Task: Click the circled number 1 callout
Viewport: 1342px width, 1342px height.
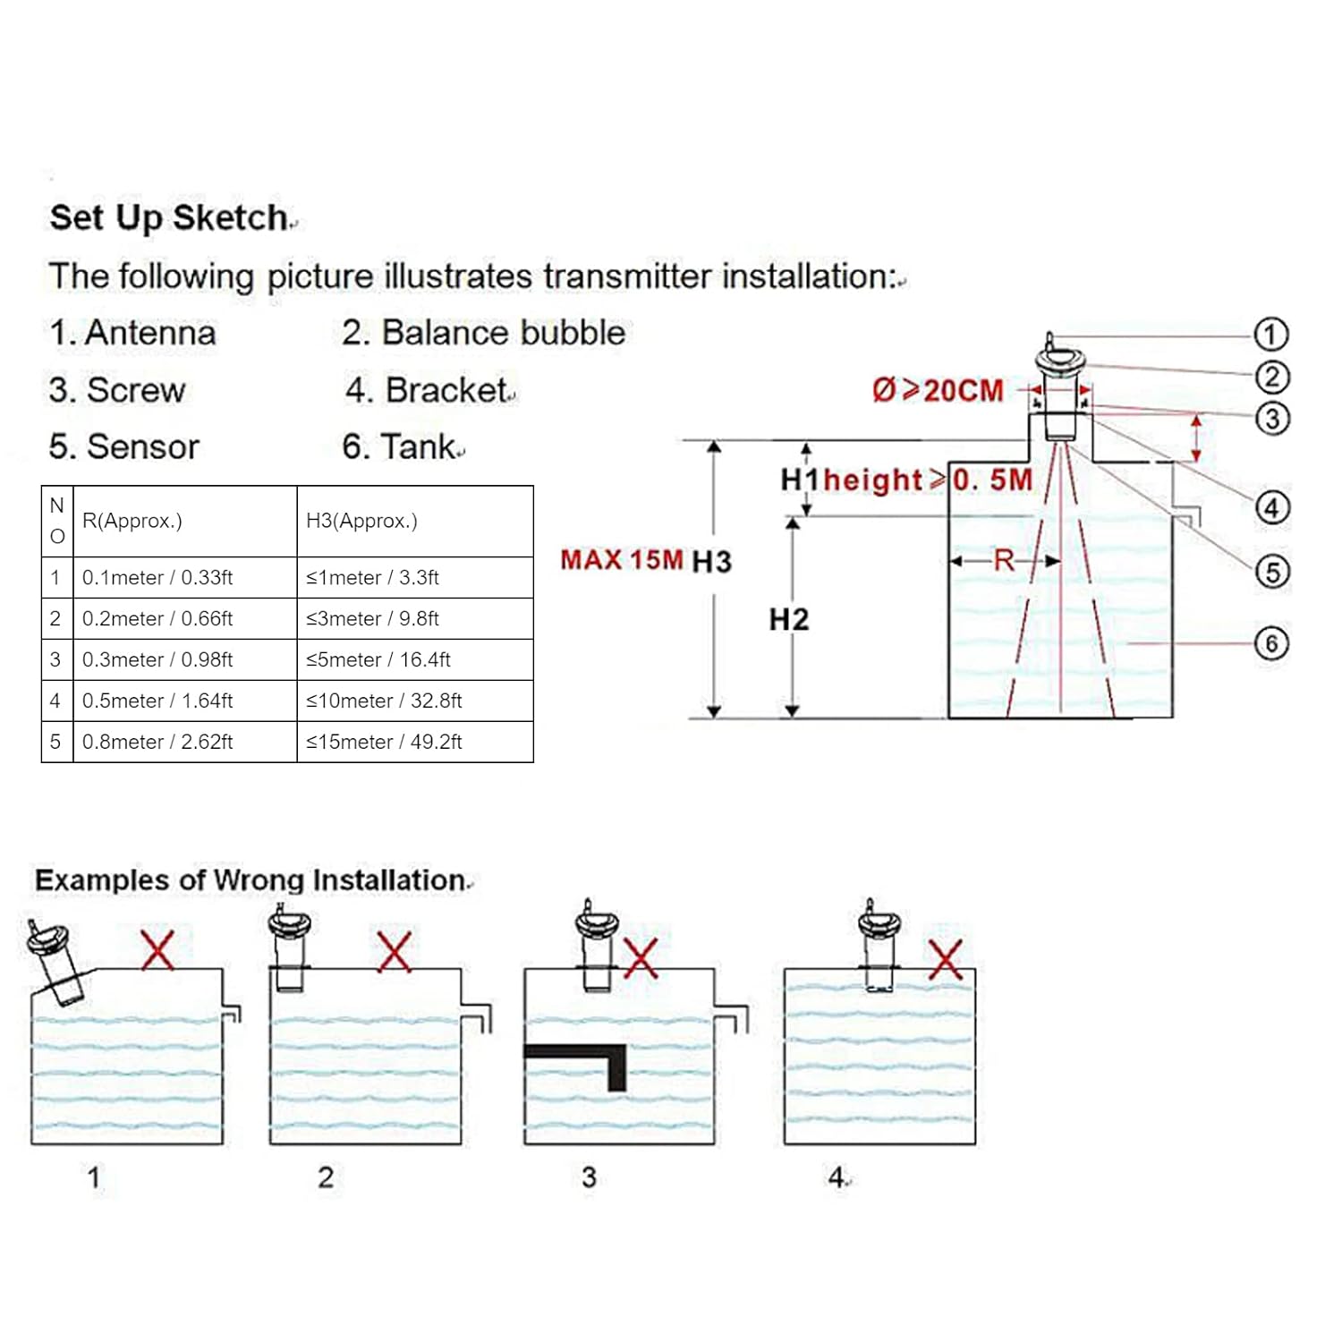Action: (x=1270, y=335)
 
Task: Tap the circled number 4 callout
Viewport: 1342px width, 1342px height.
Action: (x=1272, y=508)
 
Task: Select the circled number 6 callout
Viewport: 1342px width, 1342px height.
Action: (x=1271, y=643)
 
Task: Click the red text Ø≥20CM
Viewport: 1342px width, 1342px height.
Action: (x=938, y=391)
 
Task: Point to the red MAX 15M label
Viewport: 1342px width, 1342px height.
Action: (x=621, y=560)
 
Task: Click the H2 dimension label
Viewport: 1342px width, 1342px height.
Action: (x=788, y=619)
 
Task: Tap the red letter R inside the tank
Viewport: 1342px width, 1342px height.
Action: (x=1004, y=561)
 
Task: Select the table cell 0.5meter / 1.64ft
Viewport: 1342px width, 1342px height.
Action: (x=157, y=701)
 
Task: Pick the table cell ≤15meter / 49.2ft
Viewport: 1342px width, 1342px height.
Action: (x=384, y=742)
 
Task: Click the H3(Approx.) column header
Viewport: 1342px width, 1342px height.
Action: (x=361, y=521)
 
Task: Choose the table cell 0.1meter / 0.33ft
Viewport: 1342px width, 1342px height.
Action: (x=157, y=578)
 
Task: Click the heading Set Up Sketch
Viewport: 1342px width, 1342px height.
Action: (x=169, y=217)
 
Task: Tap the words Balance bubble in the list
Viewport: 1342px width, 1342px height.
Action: (x=504, y=333)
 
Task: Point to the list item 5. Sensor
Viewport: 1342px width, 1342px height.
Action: (x=124, y=446)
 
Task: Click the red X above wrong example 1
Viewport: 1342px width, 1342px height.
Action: (x=158, y=950)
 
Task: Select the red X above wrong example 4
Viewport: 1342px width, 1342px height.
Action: (x=945, y=958)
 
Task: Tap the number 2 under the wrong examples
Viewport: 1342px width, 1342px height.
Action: (x=326, y=1176)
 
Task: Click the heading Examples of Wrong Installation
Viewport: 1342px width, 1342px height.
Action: (x=251, y=880)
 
